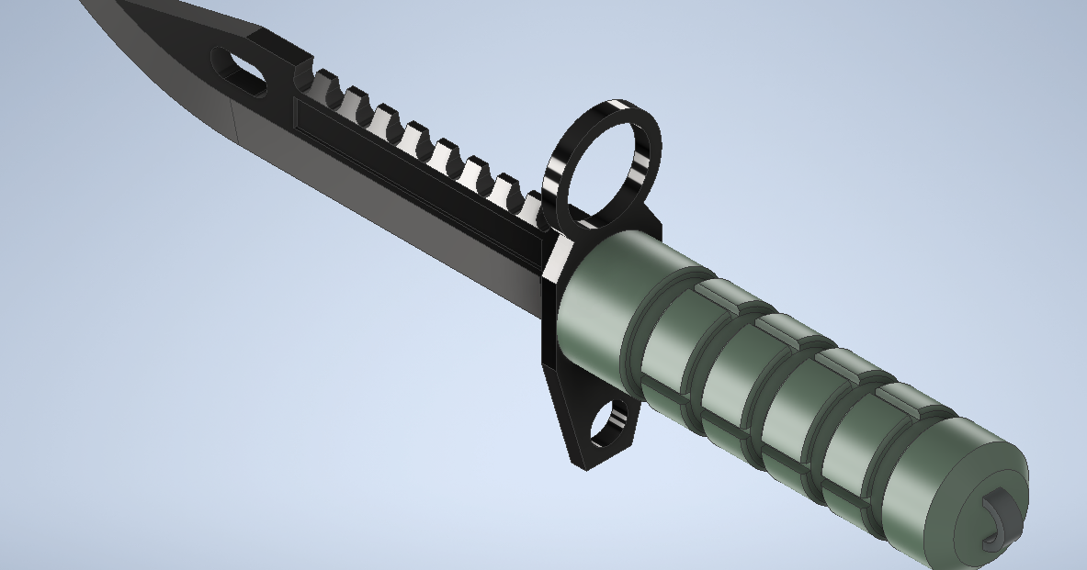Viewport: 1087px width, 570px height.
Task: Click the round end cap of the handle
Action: pyautogui.click(x=983, y=500)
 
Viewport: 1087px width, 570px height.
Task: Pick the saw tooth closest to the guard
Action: pyautogui.click(x=530, y=204)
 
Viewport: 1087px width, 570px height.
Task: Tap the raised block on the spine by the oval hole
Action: pyautogui.click(x=276, y=50)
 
